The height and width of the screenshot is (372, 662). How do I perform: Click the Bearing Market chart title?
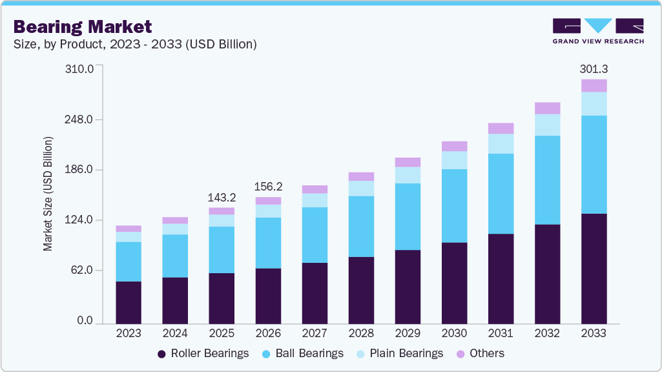coord(83,26)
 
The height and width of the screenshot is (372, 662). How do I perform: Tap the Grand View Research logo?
coord(598,30)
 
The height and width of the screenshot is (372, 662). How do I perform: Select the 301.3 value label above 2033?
coord(594,69)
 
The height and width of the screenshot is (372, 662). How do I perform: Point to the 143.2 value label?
coord(222,198)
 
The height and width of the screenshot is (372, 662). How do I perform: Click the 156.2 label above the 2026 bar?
coord(268,187)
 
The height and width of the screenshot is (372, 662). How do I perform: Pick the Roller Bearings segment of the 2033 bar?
coord(594,268)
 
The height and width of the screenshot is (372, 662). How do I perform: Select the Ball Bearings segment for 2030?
coord(454,205)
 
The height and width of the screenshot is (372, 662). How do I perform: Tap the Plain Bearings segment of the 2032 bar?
coord(547,125)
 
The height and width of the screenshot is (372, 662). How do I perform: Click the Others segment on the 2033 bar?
coord(594,85)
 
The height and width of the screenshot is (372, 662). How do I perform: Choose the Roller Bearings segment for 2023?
coord(129,302)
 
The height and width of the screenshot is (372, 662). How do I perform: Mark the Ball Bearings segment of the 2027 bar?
coord(315,234)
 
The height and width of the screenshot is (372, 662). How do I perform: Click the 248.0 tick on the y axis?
coord(81,119)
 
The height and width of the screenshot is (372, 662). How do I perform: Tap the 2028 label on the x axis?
coord(361,333)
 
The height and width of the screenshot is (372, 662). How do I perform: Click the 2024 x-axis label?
coord(175,333)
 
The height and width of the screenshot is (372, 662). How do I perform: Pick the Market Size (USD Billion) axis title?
coord(48,194)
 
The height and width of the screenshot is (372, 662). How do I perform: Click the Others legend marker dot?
coord(461,354)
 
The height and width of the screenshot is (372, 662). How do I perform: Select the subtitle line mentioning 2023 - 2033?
coord(135,44)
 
